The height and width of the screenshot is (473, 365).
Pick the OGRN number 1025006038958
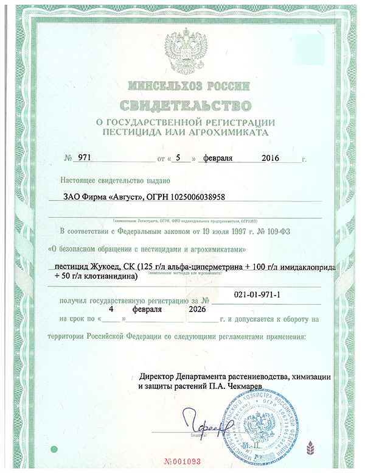[x=198, y=197]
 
